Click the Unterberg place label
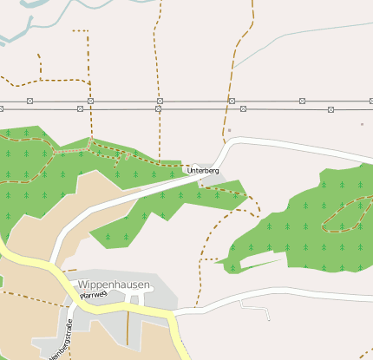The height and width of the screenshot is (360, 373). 204,172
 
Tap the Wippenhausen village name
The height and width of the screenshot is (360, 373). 114,285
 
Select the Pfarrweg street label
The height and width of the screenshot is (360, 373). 92,296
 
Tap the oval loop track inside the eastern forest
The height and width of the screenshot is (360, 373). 346,216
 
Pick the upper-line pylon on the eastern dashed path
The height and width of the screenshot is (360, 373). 232,101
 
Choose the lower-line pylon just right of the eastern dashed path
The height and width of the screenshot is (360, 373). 244,109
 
